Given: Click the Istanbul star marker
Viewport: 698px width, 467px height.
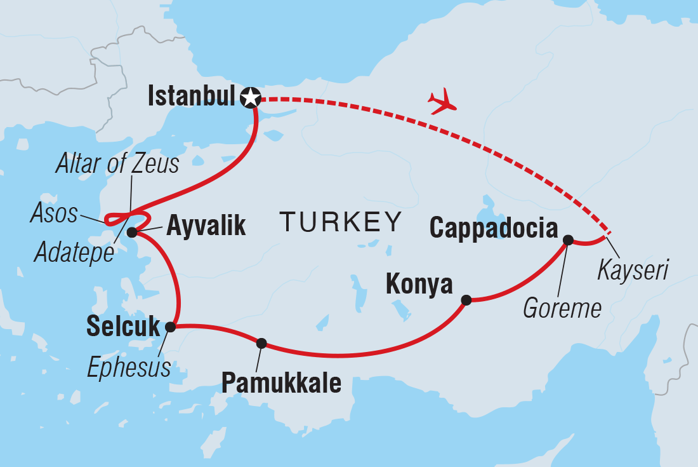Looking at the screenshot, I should (251, 98).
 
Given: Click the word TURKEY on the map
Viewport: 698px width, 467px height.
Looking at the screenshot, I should (341, 222).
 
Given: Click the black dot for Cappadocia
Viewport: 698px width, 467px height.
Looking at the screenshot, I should (568, 240).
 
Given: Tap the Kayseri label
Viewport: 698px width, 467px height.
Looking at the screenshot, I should (633, 271).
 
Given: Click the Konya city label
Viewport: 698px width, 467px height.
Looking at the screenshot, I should (419, 285).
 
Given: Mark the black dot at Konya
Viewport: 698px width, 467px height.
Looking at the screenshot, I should (466, 300).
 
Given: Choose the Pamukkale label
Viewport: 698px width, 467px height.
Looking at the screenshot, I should (281, 383).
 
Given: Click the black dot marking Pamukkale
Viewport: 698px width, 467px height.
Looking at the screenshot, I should (261, 343).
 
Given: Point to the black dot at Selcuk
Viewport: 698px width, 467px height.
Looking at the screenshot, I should (170, 327).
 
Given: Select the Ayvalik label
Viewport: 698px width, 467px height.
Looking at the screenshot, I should (206, 226).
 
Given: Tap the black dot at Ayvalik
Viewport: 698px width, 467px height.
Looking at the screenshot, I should (132, 232).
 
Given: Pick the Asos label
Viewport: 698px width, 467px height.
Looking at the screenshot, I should (53, 214).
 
